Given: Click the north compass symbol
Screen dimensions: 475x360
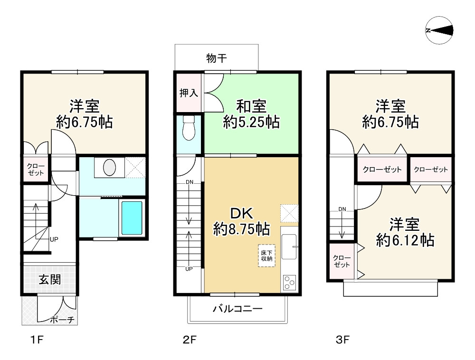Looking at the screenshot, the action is pos(439,30).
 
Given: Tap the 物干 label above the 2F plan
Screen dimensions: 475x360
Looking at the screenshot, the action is pos(216,58).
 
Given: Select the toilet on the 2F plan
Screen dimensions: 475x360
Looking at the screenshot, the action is pos(189,128).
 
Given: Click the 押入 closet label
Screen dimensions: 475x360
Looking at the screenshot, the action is pos(189,93).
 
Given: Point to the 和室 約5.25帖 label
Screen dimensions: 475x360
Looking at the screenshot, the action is pos(251,114).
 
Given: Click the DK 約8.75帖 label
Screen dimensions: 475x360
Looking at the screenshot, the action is pos(241,221).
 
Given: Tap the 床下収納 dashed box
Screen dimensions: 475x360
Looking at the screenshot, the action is pos(266,256).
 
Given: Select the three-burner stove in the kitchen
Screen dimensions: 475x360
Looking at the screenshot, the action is pos(289,283).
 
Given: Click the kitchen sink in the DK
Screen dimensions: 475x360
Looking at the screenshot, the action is pos(289,246).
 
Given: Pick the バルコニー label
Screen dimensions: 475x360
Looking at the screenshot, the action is pos(237,309).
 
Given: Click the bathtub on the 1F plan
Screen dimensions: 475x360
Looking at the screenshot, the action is pos(132,218).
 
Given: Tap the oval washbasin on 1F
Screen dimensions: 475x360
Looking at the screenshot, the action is pos(109,168).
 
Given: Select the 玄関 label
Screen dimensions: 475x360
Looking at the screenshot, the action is pos(50,279).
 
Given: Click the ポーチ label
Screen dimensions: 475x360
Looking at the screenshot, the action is pos(62,320).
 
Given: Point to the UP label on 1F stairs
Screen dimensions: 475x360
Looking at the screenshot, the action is pos(54,239).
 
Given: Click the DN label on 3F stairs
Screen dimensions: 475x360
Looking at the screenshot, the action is pos(342,209).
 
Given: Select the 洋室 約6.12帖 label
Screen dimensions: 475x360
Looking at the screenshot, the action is pos(405,232).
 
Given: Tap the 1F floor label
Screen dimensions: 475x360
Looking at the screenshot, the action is pos(37,340).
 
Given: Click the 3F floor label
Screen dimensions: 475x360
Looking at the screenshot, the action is pos(342,340).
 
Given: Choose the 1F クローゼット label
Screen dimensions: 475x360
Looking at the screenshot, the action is pos(36,170).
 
